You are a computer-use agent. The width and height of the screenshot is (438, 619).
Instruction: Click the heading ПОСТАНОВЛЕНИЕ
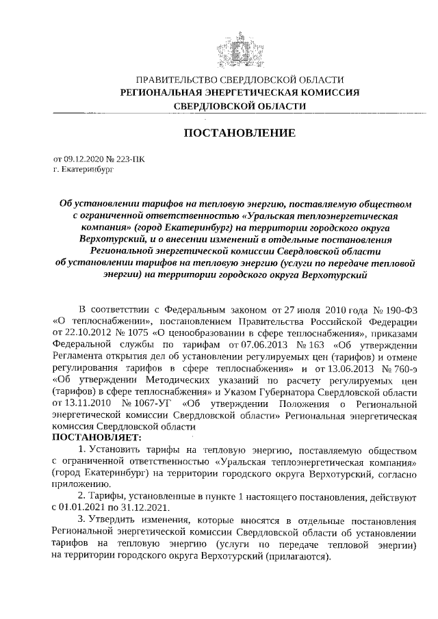[x=239, y=132]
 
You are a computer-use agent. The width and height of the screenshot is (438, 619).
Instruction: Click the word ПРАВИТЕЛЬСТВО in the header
[x=174, y=80]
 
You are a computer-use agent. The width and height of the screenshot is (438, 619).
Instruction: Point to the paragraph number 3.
[x=81, y=519]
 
